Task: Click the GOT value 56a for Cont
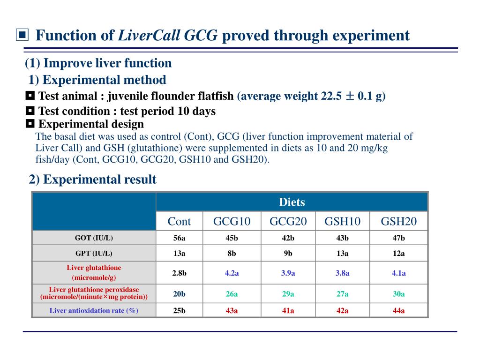pyautogui.click(x=179, y=238)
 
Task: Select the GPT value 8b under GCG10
pyautogui.click(x=232, y=254)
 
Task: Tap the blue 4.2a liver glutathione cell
pyautogui.click(x=232, y=273)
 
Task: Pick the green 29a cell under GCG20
pyautogui.click(x=288, y=294)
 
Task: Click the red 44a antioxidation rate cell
pyautogui.click(x=398, y=310)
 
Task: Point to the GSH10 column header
pyautogui.click(x=343, y=221)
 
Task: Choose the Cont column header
pyautogui.click(x=179, y=221)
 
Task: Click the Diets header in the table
pyautogui.click(x=292, y=202)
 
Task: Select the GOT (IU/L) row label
pyautogui.click(x=94, y=238)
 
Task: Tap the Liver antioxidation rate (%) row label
pyautogui.click(x=94, y=310)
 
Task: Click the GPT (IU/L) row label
pyautogui.click(x=94, y=254)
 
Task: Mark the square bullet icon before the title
pyautogui.click(x=22, y=35)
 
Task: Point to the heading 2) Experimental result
pyautogui.click(x=92, y=180)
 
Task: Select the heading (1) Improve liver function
pyautogui.click(x=98, y=63)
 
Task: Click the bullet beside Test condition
pyautogui.click(x=30, y=111)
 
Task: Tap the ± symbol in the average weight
pyautogui.click(x=350, y=97)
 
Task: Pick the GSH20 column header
pyautogui.click(x=398, y=221)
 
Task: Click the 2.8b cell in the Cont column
pyautogui.click(x=179, y=273)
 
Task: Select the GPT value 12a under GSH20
pyautogui.click(x=398, y=254)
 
